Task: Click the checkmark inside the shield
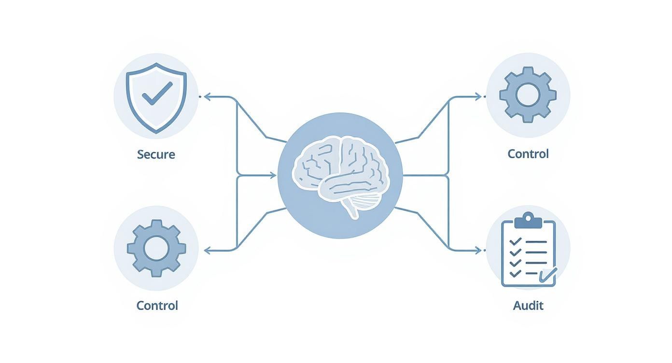[156, 93]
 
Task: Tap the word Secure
[156, 154]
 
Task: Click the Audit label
[528, 306]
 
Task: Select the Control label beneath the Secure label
[157, 306]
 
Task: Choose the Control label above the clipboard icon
[528, 154]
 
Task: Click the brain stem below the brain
[353, 209]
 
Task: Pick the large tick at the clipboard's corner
[548, 275]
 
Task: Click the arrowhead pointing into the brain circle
[274, 175]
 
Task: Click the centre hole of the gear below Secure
[156, 248]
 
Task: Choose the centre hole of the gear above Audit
[528, 95]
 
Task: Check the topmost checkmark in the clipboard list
[515, 241]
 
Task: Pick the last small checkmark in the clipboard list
[515, 273]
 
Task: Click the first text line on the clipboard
[535, 241]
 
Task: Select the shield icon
[156, 97]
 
